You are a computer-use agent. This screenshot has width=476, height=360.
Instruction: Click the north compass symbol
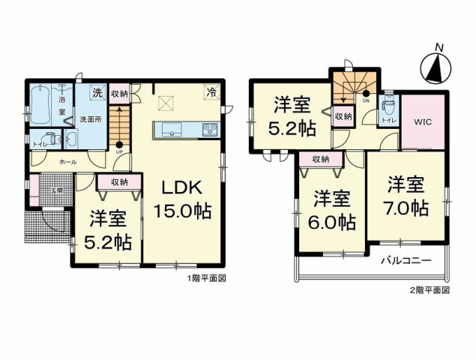434,65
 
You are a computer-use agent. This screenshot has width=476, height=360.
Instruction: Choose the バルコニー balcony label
405,262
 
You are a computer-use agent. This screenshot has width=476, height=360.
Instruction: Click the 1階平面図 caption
206,278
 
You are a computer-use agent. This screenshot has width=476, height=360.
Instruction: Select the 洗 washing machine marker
97,93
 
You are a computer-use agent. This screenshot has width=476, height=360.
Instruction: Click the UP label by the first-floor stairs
119,152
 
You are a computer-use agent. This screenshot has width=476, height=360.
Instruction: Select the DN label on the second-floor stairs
366,100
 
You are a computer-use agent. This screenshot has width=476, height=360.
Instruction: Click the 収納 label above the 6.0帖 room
321,159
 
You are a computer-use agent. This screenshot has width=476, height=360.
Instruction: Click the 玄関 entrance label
57,190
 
